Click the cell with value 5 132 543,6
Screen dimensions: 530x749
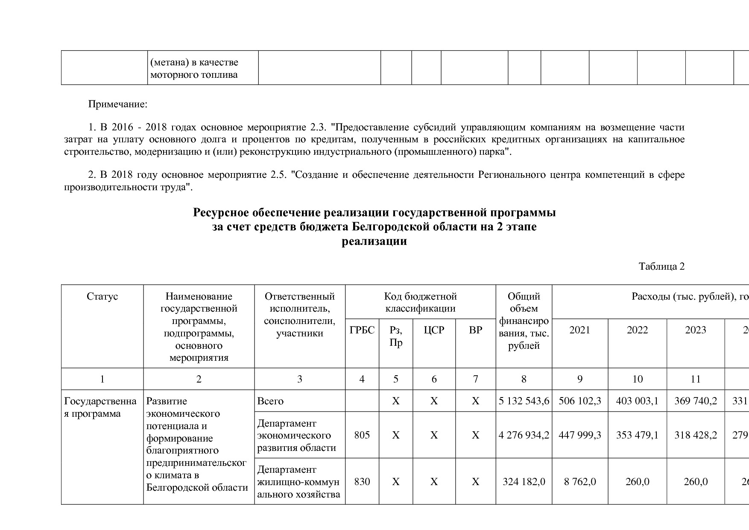point(524,401)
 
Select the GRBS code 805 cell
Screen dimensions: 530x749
point(362,435)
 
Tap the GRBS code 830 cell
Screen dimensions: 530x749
point(362,482)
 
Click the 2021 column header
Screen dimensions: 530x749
point(579,330)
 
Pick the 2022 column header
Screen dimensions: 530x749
point(637,330)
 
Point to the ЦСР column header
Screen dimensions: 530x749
point(434,330)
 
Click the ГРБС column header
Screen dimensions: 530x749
point(362,330)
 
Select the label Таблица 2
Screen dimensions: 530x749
point(661,267)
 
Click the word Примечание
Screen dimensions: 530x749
point(117,104)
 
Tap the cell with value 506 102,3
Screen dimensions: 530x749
point(579,401)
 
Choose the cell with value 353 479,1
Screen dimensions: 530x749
point(637,435)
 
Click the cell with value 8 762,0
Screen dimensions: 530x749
point(579,482)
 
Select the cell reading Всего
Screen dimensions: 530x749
point(270,401)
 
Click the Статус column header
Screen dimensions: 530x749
point(102,297)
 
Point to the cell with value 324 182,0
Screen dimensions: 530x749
point(524,482)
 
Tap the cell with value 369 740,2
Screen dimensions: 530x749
point(695,401)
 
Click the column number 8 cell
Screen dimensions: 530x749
point(524,379)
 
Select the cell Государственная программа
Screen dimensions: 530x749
point(100,407)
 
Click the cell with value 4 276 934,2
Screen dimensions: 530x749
point(524,435)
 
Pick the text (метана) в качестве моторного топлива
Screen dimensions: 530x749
point(194,68)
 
